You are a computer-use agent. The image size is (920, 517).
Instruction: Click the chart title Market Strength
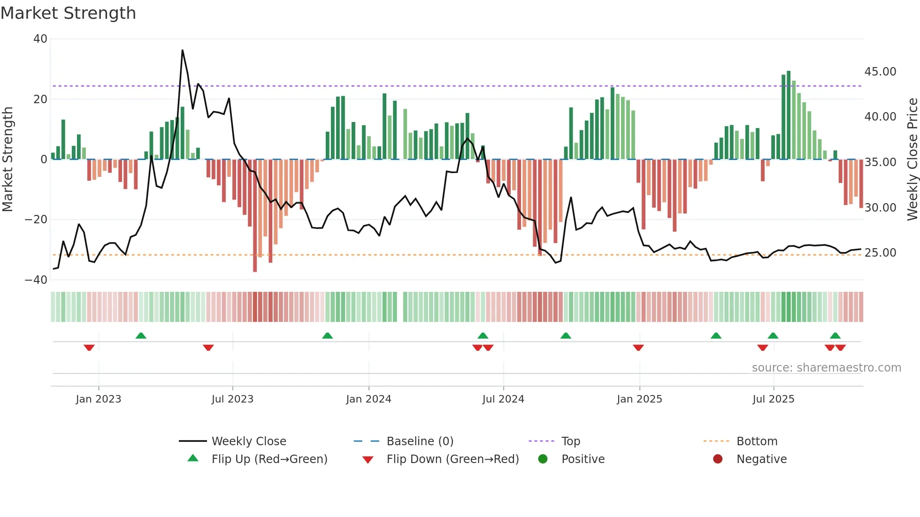pos(68,13)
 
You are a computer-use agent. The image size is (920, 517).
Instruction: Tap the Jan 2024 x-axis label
pos(368,399)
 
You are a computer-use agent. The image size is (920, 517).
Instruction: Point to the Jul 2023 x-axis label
pos(232,399)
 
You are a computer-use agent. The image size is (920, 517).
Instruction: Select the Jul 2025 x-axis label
pos(773,399)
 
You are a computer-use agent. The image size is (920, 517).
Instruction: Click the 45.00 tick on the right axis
pos(880,72)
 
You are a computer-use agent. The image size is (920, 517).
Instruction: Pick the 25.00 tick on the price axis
pos(880,253)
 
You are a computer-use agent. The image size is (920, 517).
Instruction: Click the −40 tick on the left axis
pos(36,280)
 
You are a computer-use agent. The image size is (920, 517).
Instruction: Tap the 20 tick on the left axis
pos(40,99)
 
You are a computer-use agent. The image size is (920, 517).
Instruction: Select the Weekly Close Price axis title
pos(912,160)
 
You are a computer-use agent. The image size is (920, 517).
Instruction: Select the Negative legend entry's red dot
pos(718,459)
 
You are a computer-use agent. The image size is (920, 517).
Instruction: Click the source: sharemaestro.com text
pos(826,368)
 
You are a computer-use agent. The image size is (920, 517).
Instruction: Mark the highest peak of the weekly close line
pos(182,50)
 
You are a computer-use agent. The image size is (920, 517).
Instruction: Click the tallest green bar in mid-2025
pos(789,115)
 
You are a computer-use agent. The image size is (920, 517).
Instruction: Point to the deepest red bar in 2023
pos(255,216)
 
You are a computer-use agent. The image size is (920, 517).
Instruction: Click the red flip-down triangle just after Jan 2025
pos(638,348)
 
